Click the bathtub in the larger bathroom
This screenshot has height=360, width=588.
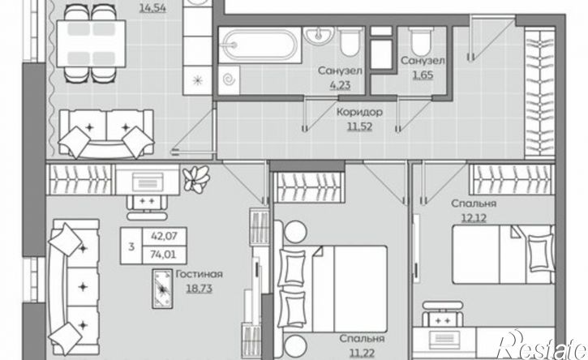click(260, 45)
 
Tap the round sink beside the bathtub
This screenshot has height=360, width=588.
click(319, 35)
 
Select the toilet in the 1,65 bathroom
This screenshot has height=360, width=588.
click(422, 41)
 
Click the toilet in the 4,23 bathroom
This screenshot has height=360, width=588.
click(349, 41)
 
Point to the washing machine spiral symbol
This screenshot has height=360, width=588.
click(229, 79)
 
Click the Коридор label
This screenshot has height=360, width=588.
click(359, 112)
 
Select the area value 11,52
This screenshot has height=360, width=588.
click(359, 126)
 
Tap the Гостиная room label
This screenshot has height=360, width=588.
click(200, 274)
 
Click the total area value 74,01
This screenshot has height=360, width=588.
click(163, 255)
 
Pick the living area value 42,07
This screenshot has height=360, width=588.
click(163, 236)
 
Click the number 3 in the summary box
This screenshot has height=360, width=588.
click(131, 246)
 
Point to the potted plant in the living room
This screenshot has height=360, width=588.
click(196, 179)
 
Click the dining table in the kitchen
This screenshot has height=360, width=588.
click(91, 44)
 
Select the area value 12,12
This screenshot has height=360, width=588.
click(474, 217)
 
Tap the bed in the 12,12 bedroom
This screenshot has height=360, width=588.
click(504, 255)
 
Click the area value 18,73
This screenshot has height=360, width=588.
click(200, 289)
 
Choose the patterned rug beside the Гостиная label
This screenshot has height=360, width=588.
click(162, 289)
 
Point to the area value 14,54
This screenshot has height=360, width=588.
click(152, 7)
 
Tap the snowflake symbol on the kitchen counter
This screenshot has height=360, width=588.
click(198, 80)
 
